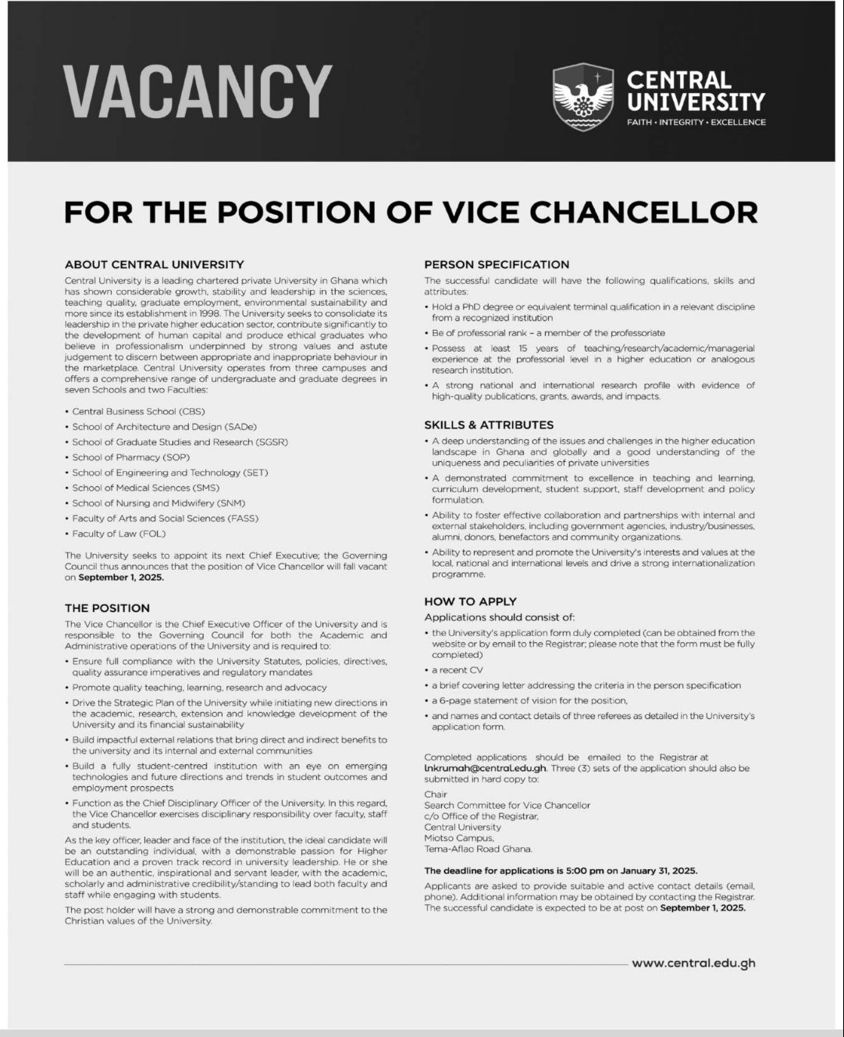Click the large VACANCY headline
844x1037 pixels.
coord(198,91)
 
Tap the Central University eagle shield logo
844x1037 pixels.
coord(583,97)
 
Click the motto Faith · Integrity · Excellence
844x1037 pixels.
coord(696,123)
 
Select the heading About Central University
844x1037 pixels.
coord(154,265)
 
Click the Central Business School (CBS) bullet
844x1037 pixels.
coord(138,411)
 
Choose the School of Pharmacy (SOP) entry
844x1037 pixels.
coord(130,457)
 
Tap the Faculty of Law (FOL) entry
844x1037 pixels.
coord(119,534)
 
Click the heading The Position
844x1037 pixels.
coord(107,608)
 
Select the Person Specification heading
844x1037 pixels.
coord(497,264)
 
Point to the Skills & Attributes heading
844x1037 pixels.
coord(489,425)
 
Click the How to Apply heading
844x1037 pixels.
coord(470,602)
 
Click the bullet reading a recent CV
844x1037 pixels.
coord(458,670)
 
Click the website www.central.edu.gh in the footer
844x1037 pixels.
coord(693,964)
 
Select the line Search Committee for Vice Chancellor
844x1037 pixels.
coord(507,805)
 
